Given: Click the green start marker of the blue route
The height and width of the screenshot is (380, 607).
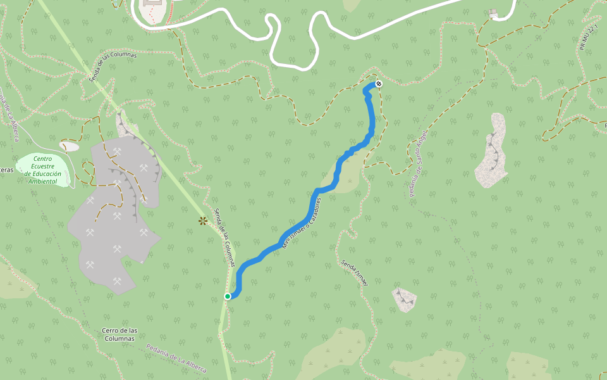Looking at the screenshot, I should (228, 296).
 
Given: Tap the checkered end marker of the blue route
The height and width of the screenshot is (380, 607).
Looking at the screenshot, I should (379, 84).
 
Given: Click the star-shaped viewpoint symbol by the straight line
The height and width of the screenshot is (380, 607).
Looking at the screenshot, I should (203, 220).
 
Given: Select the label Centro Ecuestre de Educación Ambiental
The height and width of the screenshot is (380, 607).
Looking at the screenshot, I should (43, 170).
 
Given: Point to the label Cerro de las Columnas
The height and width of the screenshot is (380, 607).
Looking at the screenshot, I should (120, 334).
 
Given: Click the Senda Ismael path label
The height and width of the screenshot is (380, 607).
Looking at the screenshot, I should (354, 272).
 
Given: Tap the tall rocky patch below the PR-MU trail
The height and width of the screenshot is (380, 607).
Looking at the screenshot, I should (492, 152).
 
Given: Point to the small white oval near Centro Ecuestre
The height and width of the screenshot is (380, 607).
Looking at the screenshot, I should (69, 147).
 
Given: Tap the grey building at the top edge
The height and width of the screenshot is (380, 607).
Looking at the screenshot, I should (152, 8).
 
